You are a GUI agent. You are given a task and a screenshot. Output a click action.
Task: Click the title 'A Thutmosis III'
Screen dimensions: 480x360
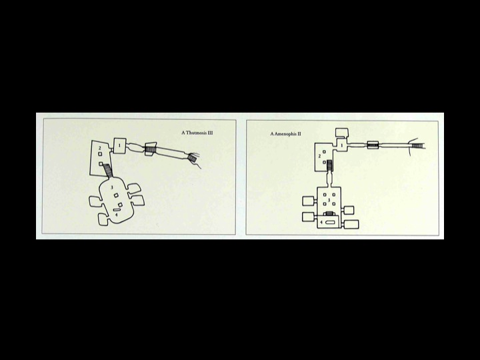(197, 133)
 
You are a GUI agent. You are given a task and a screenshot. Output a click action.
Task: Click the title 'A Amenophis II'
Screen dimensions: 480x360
(285, 134)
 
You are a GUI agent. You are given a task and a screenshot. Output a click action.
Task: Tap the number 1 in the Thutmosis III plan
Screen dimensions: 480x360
(120, 146)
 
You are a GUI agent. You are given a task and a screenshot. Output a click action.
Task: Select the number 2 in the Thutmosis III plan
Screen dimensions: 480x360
(99, 148)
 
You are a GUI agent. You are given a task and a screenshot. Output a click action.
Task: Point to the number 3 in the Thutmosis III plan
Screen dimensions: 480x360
(112, 187)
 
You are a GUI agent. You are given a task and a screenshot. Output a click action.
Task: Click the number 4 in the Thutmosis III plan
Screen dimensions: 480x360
(116, 215)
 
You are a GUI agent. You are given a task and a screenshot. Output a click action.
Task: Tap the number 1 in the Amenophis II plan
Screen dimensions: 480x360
(342, 145)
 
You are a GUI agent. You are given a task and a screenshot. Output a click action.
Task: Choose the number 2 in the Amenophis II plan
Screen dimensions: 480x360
(319, 156)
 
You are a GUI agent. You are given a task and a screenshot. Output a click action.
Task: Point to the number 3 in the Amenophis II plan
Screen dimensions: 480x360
(329, 199)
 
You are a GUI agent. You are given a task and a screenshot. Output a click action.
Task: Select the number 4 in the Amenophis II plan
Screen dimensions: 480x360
(321, 222)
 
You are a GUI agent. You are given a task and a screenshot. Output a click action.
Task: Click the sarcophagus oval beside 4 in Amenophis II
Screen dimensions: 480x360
(330, 222)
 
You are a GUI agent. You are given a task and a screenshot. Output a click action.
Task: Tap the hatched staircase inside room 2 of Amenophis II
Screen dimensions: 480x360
(330, 165)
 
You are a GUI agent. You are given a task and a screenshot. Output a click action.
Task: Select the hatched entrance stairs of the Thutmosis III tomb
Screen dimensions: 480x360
(192, 158)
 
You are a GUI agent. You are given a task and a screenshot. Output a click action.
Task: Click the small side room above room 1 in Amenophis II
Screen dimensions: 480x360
(342, 133)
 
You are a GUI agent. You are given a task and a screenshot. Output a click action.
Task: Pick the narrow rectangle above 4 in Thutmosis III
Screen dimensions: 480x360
(117, 210)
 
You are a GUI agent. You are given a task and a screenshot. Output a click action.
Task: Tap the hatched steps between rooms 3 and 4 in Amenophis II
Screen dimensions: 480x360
(329, 213)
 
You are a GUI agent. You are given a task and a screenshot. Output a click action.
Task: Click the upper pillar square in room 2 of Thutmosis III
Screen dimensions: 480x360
(100, 154)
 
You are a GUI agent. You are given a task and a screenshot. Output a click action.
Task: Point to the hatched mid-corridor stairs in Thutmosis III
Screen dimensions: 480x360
(151, 149)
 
